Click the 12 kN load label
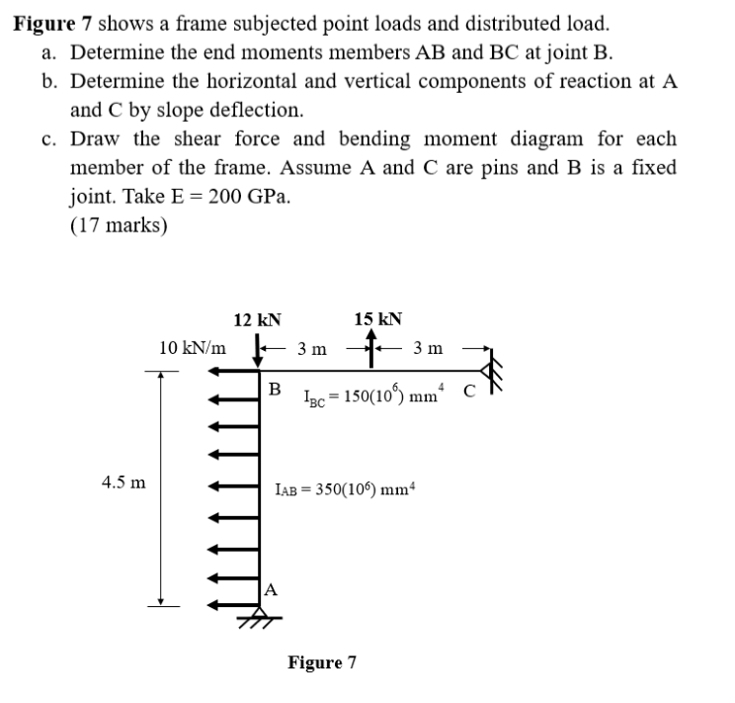[x=257, y=319]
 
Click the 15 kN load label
[x=376, y=319]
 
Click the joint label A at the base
[x=271, y=589]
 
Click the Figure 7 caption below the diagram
[x=321, y=661]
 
